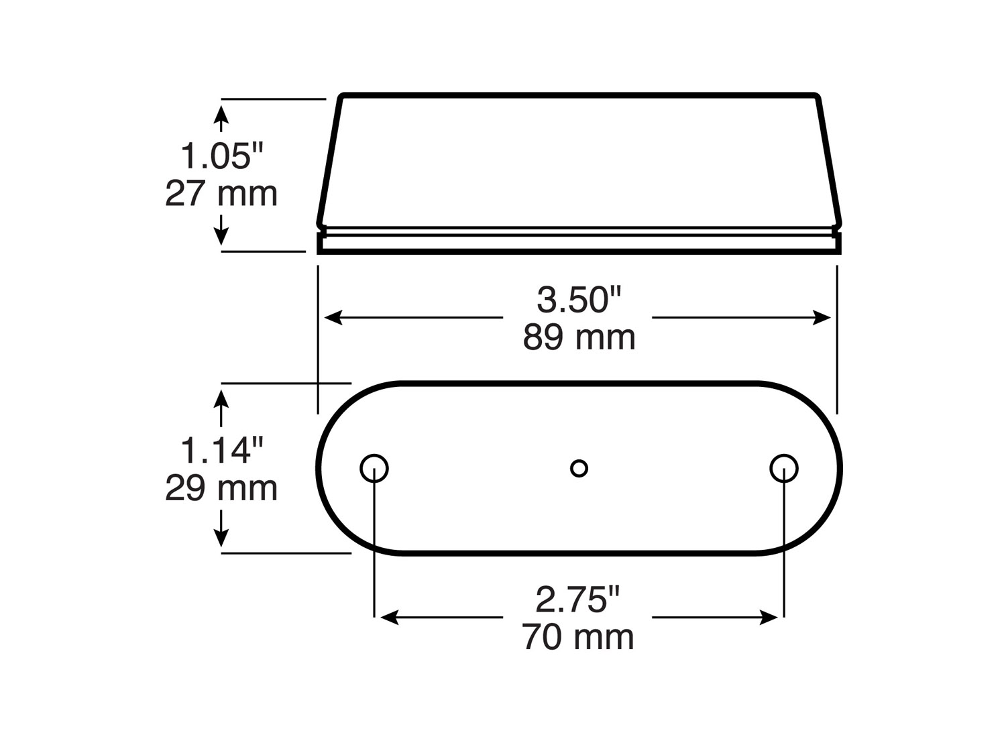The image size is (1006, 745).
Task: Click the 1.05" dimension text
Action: [222, 156]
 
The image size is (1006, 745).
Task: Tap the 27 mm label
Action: [221, 194]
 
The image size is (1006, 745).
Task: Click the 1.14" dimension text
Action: [222, 450]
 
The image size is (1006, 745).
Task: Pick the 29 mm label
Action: [221, 488]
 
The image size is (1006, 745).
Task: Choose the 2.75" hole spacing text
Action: [578, 599]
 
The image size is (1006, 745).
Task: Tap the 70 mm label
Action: [578, 637]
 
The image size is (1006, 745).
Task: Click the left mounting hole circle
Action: [374, 468]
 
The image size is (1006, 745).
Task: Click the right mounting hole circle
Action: [784, 468]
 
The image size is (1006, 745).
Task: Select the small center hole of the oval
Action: [579, 468]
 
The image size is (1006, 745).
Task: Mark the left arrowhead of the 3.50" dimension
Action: [333, 318]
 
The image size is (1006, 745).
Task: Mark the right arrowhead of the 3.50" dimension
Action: [822, 318]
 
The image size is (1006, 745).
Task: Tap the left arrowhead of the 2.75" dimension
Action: [389, 618]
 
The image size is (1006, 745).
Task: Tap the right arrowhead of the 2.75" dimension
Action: [769, 618]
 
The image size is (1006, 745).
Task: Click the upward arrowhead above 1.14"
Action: [222, 398]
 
